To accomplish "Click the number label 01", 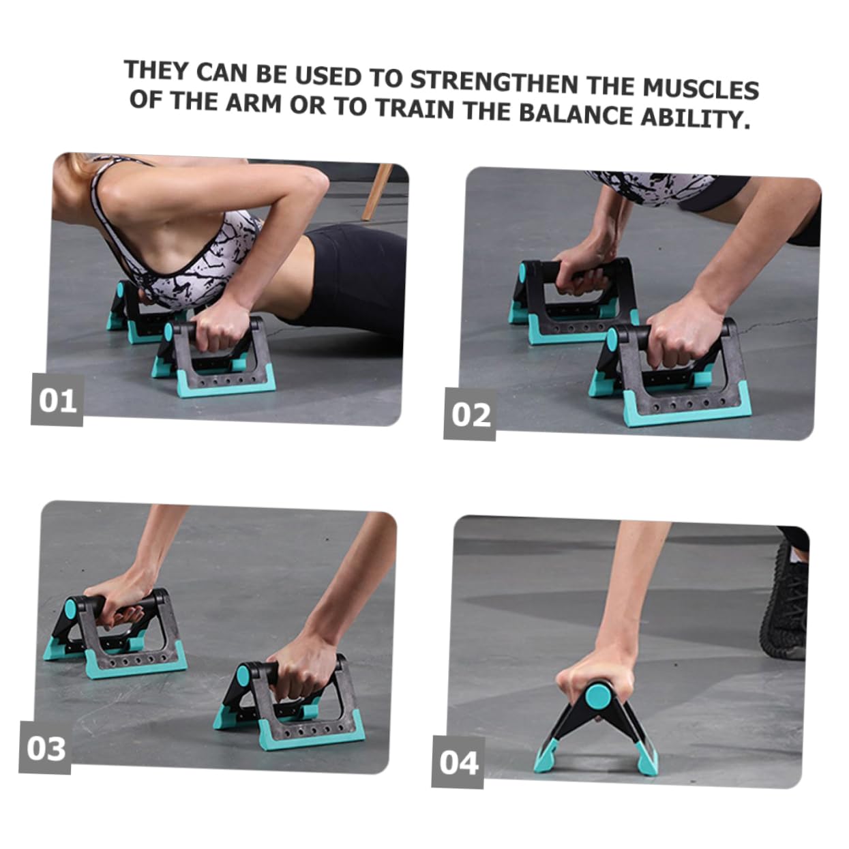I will click(x=57, y=400).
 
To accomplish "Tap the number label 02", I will click(x=471, y=415).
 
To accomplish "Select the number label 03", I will click(x=46, y=748).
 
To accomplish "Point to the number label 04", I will click(x=458, y=762).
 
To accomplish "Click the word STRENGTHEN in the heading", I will click(x=494, y=83).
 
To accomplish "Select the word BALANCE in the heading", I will click(x=576, y=113).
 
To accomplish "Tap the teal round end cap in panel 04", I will click(x=598, y=696).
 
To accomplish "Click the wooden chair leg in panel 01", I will click(x=376, y=191).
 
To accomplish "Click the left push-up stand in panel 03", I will click(x=116, y=634).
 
